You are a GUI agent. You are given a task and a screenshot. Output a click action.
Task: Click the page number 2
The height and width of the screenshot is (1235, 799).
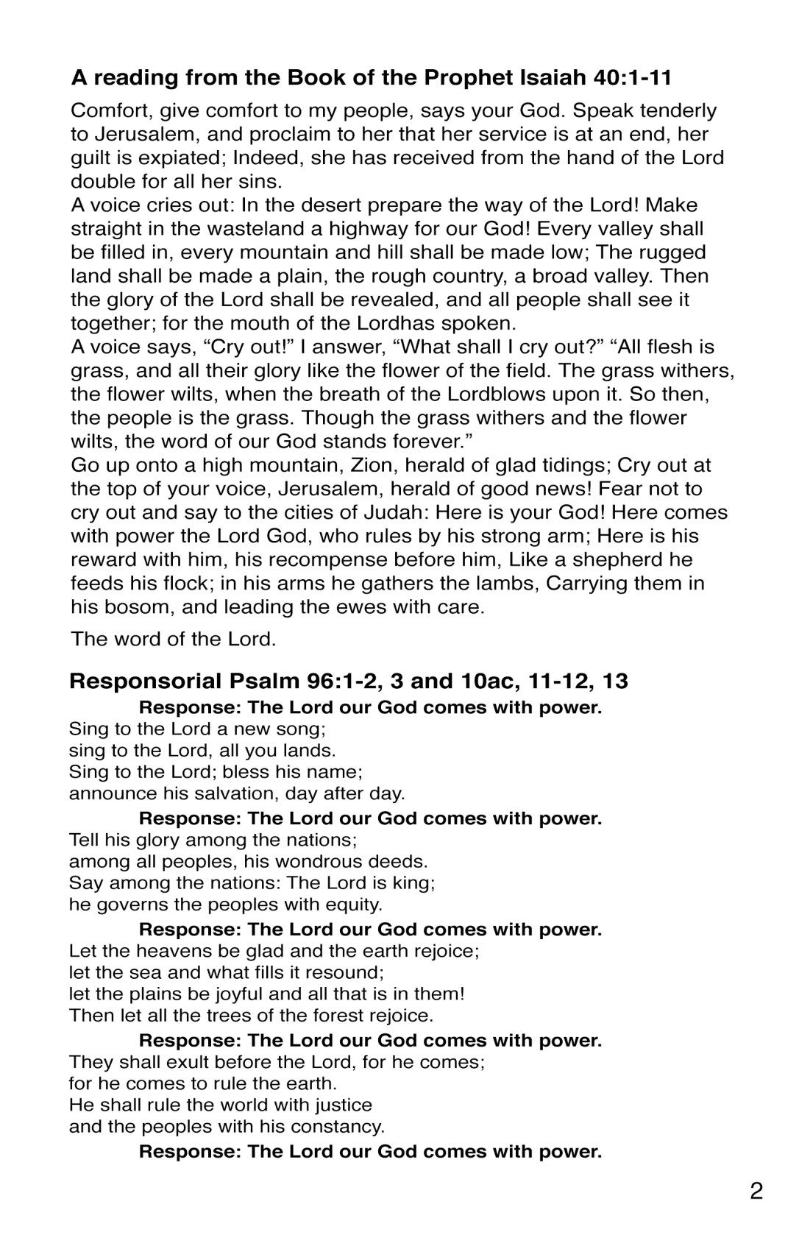click(756, 1191)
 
